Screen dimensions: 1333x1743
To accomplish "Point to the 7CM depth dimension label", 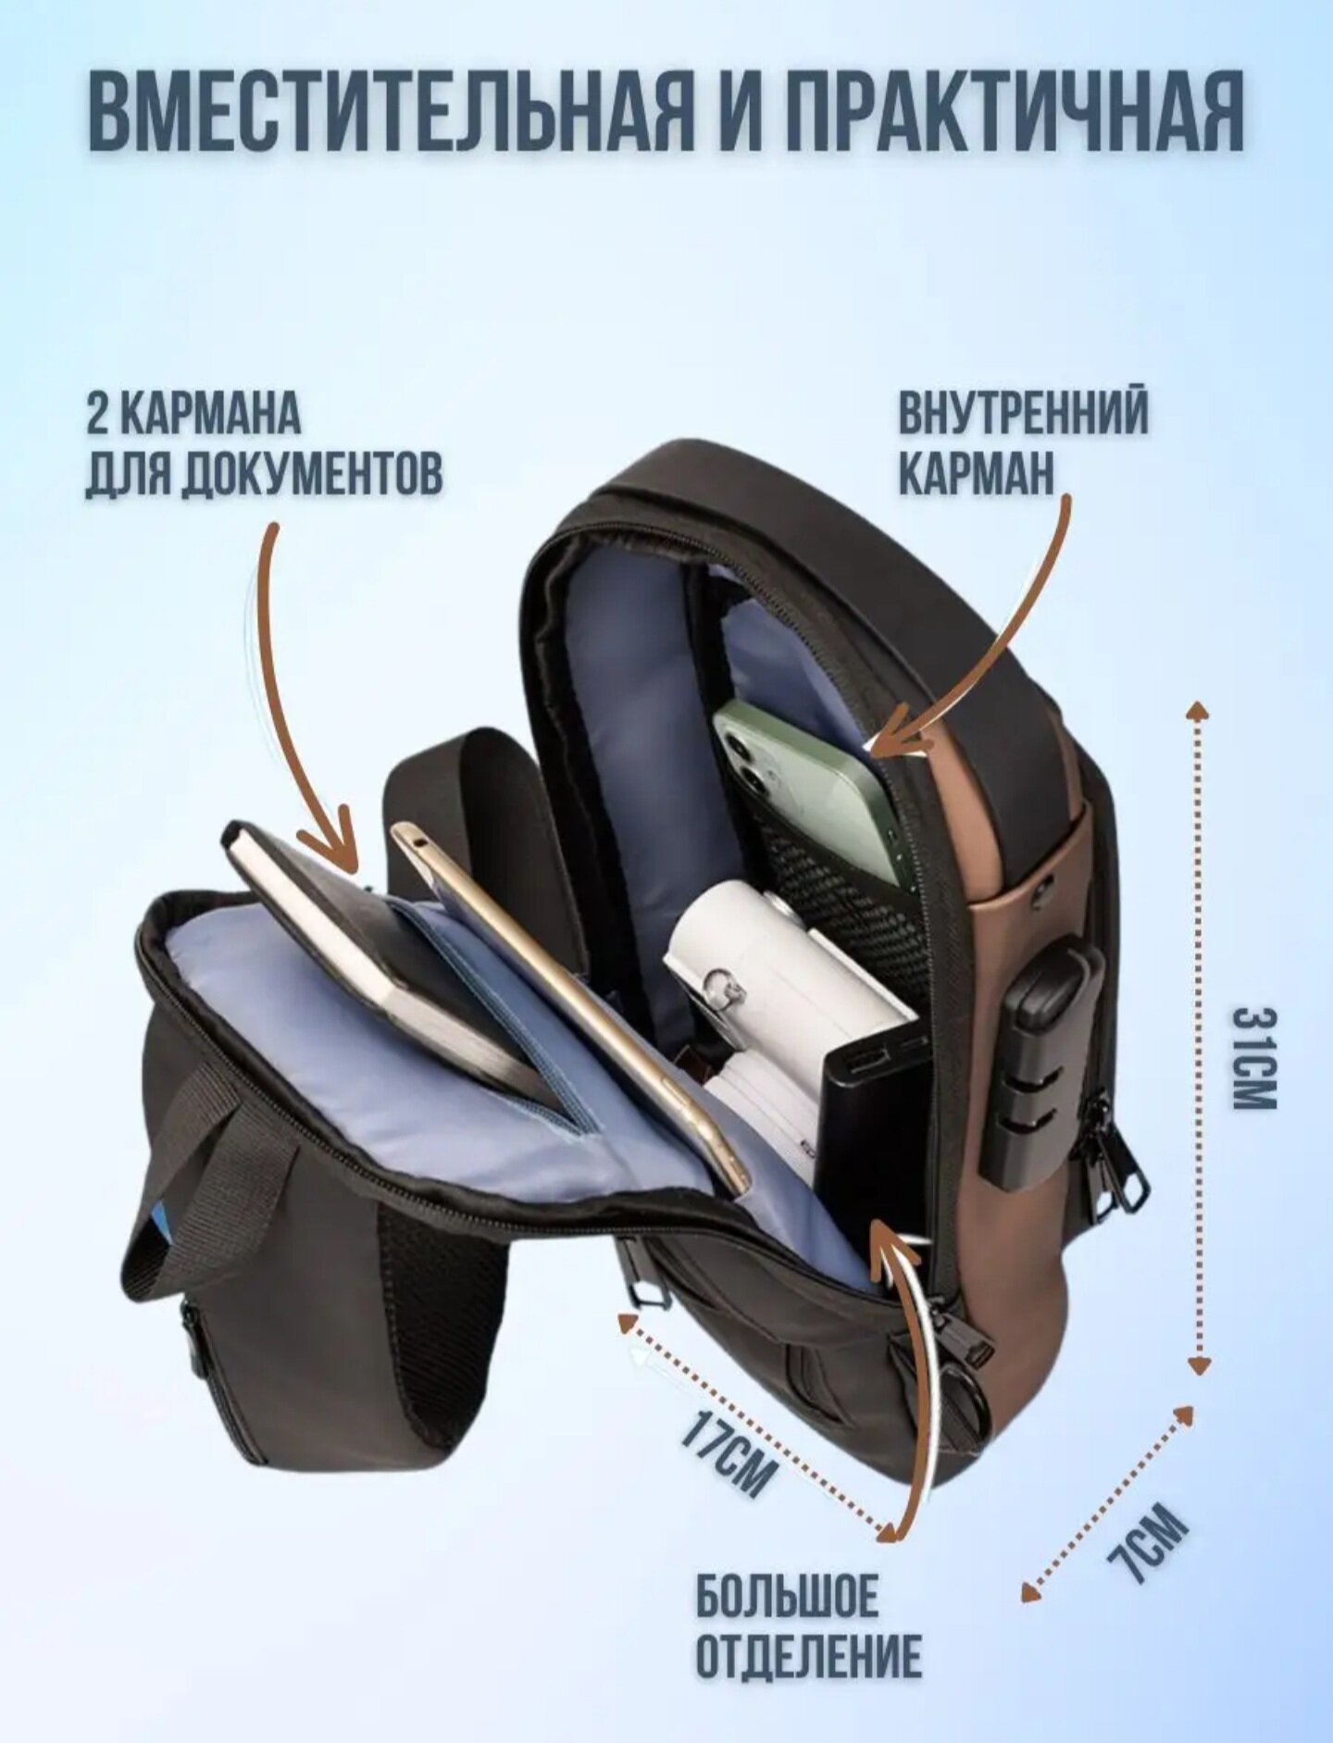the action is pos(1148,1542).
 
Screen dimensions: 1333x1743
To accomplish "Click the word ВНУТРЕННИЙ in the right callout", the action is pos(1023,413).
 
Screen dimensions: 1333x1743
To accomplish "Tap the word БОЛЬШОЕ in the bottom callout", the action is pos(787,1597).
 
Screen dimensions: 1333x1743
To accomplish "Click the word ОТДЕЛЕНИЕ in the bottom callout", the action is pos(808,1656).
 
